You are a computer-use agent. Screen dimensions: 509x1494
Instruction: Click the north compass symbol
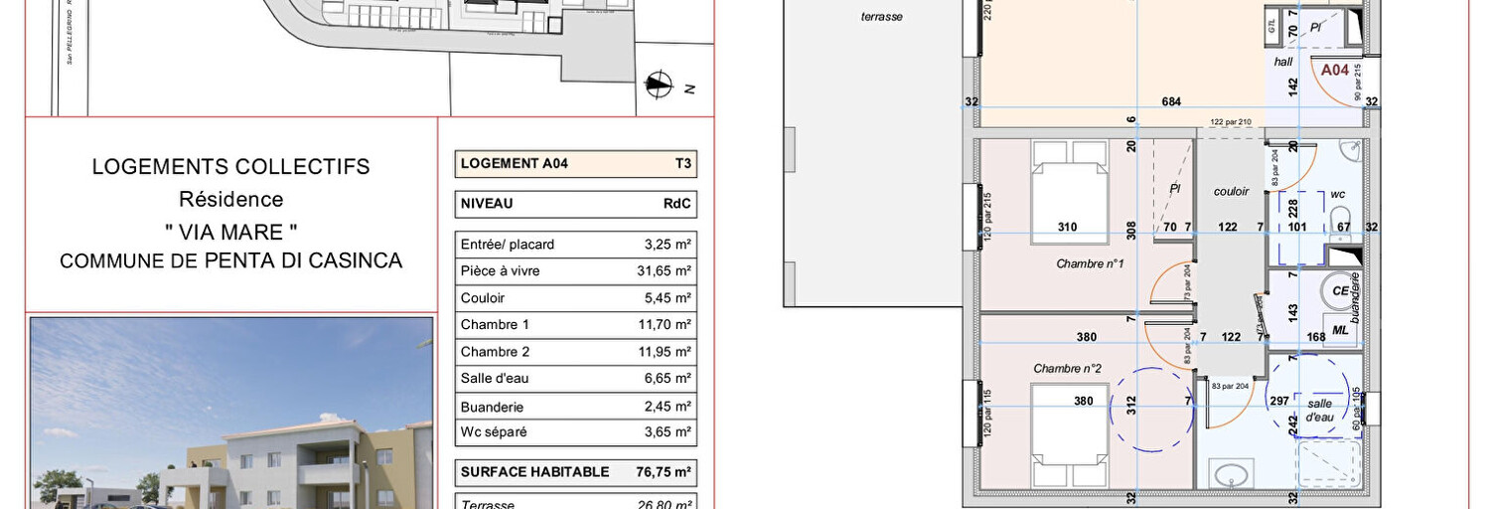[x=659, y=85]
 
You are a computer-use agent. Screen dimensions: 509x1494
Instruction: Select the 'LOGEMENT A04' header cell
[x=515, y=164]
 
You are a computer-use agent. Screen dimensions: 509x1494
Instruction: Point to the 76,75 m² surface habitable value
[x=664, y=471]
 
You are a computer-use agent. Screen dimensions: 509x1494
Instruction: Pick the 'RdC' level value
[x=676, y=204]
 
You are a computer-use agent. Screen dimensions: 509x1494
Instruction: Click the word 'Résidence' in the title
[x=230, y=199]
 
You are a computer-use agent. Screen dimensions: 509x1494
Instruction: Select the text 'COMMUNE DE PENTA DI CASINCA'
[x=230, y=261]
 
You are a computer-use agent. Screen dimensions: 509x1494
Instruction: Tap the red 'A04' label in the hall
[x=1334, y=71]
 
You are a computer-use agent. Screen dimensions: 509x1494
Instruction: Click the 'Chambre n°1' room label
[x=1089, y=263]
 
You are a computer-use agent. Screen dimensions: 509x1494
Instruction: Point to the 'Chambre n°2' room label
[x=1067, y=369]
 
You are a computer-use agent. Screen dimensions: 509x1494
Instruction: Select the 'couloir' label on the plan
[x=1230, y=191]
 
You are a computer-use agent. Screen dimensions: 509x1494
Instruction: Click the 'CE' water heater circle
[x=1340, y=291]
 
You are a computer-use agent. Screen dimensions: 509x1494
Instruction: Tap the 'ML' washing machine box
[x=1340, y=330]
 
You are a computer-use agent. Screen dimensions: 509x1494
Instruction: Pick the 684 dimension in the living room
[x=1172, y=101]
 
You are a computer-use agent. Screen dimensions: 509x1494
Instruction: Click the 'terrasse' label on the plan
[x=881, y=17]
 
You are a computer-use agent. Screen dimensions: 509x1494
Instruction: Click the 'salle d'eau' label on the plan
[x=1319, y=410]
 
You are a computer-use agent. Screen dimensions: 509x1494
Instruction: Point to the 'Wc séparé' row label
[x=493, y=432]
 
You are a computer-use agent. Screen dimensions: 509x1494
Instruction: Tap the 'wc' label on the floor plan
[x=1337, y=194]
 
